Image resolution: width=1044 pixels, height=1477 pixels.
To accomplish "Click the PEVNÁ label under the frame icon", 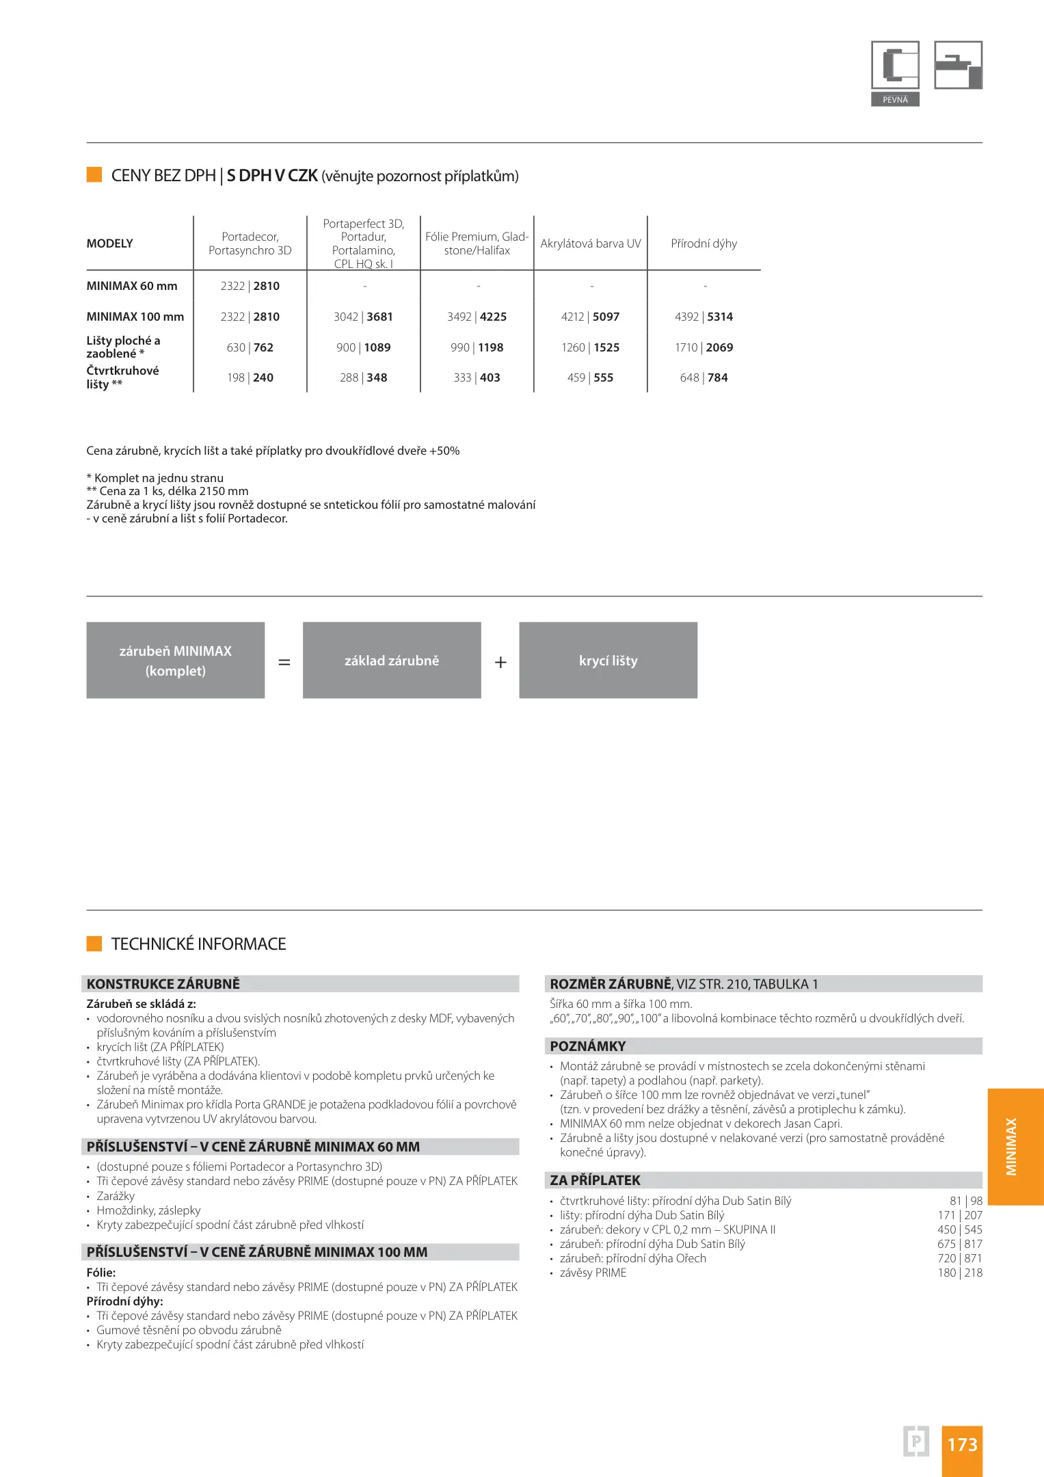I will tap(895, 100).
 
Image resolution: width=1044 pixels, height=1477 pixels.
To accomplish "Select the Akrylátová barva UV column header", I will tap(591, 243).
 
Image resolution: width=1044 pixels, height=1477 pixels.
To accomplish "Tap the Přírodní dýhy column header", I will tap(704, 243).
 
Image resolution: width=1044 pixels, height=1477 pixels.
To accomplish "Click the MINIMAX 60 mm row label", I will tap(132, 286).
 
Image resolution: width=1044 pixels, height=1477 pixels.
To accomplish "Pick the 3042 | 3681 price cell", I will tap(363, 317).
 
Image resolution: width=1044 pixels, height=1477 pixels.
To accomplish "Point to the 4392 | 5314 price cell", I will tap(704, 317).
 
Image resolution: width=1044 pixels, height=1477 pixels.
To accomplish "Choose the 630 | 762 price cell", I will tap(250, 347).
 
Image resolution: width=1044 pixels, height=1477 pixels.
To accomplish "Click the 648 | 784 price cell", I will tap(704, 377).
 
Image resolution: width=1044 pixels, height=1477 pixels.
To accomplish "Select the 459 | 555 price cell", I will tap(590, 377).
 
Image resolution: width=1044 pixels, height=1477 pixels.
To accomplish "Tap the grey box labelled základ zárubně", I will tap(392, 661).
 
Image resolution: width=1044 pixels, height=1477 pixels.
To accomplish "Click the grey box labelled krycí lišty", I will tap(608, 661).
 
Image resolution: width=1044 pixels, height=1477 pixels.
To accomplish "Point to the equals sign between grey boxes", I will tap(284, 662).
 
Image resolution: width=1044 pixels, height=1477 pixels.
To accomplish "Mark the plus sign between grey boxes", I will tap(500, 662).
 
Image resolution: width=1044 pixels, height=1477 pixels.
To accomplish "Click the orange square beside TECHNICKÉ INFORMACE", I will tap(94, 944).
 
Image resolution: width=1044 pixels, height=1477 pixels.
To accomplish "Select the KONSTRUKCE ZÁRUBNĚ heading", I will tap(163, 984).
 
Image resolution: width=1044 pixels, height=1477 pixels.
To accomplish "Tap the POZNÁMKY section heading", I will tap(588, 1046).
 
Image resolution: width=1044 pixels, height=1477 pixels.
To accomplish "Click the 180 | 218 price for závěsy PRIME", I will tap(959, 1273).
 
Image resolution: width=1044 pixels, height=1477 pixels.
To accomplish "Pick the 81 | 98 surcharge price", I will tap(965, 1201).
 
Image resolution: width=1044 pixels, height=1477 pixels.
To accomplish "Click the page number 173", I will tap(962, 1444).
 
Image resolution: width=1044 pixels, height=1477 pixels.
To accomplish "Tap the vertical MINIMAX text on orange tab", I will tap(1011, 1147).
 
